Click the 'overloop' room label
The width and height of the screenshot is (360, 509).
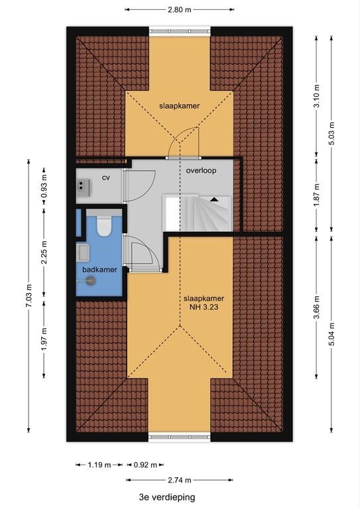(201, 170)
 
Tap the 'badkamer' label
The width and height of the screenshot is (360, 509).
(99, 270)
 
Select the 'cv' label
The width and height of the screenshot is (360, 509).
(106, 178)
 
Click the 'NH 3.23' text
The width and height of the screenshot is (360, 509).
(204, 307)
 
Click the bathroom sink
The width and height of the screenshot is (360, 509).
(83, 253)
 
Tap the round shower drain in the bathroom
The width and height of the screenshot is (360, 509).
(91, 280)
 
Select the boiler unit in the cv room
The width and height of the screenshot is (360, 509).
(83, 188)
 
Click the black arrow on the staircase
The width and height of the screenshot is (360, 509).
(213, 199)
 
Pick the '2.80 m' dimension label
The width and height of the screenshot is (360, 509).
(180, 10)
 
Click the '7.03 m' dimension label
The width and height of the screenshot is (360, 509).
(29, 296)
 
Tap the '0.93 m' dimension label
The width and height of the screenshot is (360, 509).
(44, 186)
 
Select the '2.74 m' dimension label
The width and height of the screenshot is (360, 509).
(180, 480)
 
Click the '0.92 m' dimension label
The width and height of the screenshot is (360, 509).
(145, 465)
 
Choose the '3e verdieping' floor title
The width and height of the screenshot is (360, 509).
(167, 497)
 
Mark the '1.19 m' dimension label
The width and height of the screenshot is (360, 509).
(99, 465)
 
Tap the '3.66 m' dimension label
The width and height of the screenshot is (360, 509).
(317, 307)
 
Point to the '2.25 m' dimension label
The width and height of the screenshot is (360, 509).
(44, 252)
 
